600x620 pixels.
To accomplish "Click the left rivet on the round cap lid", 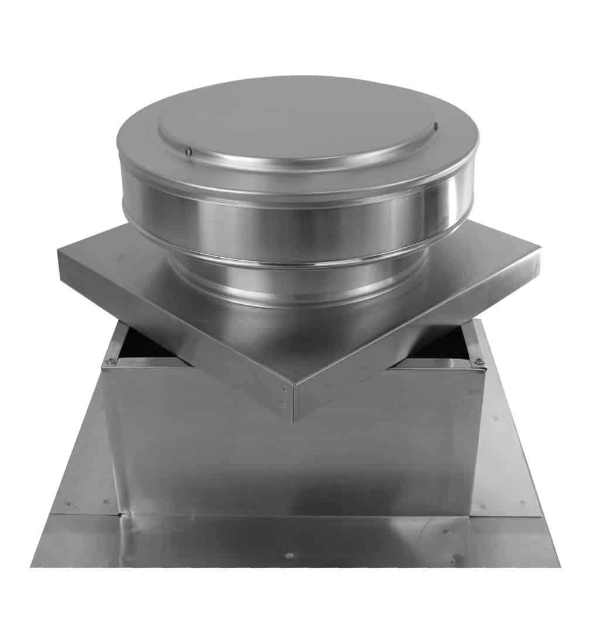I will (x=188, y=152).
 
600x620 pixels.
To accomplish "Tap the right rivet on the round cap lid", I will (x=435, y=125).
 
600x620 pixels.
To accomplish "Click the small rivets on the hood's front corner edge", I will (x=284, y=396).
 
